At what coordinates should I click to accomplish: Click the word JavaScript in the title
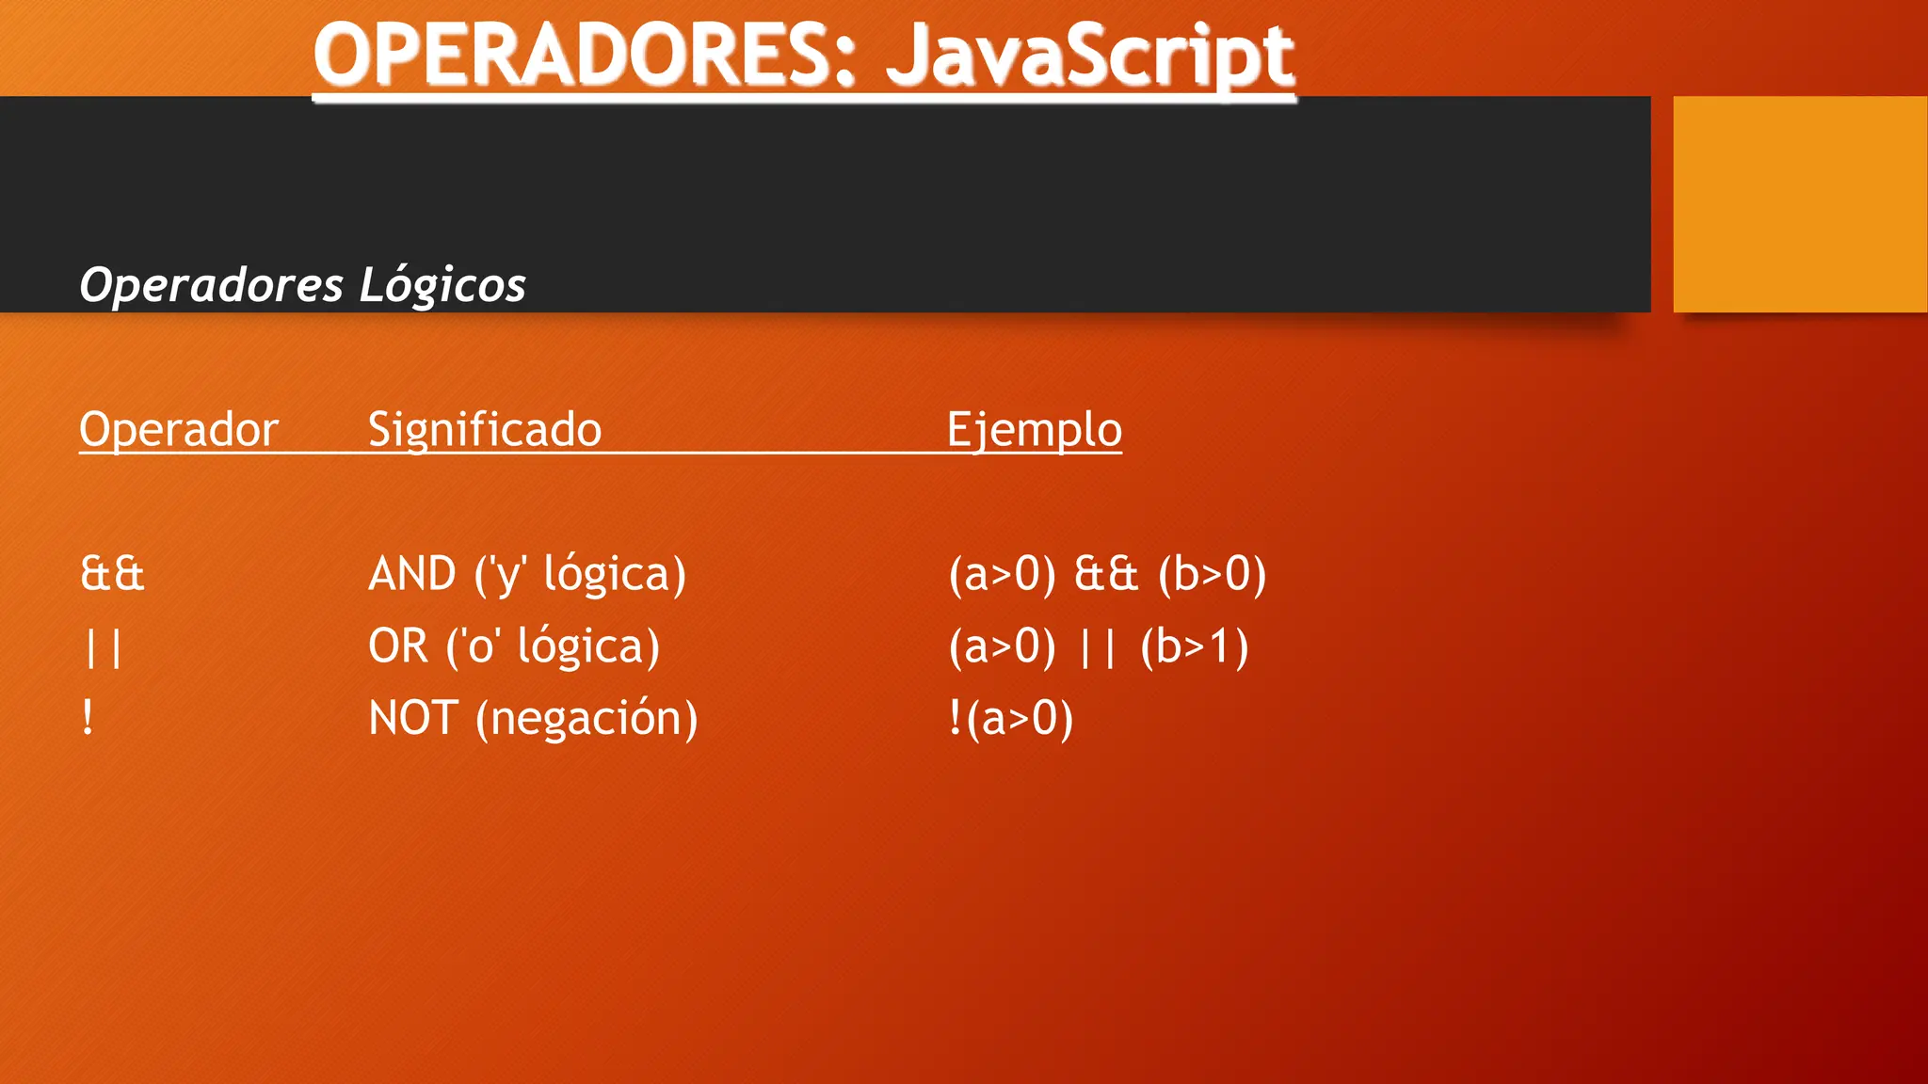1089,56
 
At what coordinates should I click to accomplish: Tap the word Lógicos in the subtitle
442,285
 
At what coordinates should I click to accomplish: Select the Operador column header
179,430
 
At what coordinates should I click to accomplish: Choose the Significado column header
485,430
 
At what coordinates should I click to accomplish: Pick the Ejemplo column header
1035,430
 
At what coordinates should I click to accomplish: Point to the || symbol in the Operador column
103,647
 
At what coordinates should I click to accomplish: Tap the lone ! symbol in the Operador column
88,719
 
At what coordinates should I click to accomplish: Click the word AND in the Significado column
412,574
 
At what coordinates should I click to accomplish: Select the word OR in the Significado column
398,646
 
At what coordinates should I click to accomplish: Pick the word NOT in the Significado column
414,719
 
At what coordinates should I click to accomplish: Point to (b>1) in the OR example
1195,647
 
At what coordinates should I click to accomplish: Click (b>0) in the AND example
1213,574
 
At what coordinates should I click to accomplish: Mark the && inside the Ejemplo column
1106,574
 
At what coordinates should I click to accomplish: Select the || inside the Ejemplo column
1098,647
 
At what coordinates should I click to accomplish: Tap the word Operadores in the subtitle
211,285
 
